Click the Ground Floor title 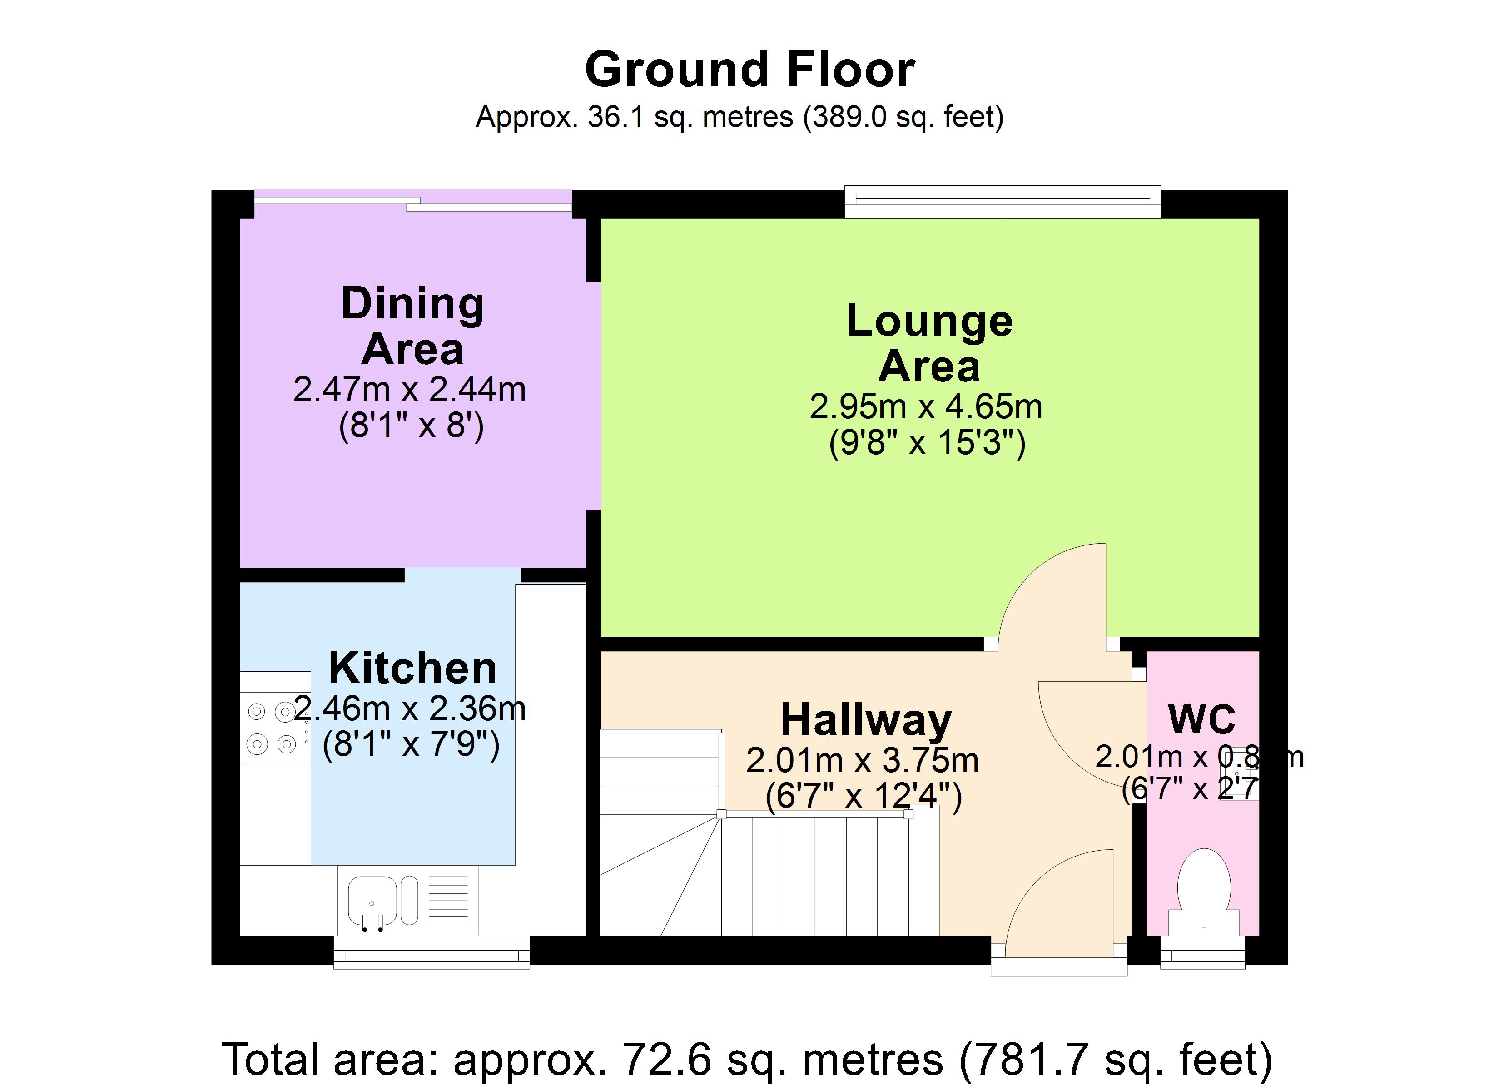749,70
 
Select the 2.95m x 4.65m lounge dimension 925,406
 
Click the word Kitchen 412,668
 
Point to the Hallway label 866,720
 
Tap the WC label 1201,719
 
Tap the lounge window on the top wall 1003,202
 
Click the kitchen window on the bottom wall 431,952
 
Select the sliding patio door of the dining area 413,201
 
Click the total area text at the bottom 747,1059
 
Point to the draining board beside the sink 449,900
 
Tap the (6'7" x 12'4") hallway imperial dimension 863,795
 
